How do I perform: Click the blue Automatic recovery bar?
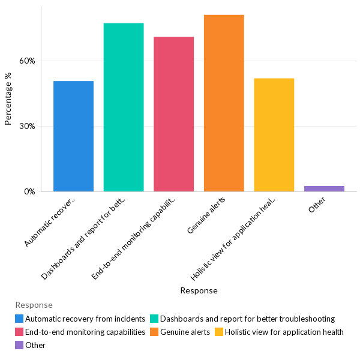point(73,136)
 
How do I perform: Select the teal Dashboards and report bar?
point(124,107)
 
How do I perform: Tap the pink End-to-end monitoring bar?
point(173,114)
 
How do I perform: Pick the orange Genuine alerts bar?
point(224,103)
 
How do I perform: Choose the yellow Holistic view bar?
point(274,135)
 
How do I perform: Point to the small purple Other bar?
point(324,188)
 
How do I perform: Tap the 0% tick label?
point(29,192)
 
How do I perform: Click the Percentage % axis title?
point(8,99)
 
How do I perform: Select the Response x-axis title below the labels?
point(199,290)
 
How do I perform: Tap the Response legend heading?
point(34,305)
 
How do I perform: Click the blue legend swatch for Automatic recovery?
point(20,319)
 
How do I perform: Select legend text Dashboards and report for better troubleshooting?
point(247,319)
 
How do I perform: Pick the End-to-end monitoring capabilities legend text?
point(85,332)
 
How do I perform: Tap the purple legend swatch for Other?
point(20,345)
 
